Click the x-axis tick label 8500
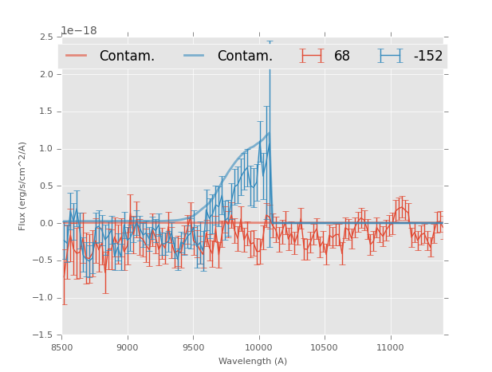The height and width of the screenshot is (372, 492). coord(62,347)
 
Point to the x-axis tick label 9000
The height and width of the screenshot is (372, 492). coord(128,347)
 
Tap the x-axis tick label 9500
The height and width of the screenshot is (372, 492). coord(193,347)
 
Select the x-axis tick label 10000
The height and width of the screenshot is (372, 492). coord(258,347)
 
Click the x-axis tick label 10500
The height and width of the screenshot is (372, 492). coord(325,347)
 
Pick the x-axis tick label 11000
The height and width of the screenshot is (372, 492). coord(390,347)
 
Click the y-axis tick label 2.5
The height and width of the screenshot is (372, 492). coord(46,37)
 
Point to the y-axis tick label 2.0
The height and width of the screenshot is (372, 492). coord(46,74)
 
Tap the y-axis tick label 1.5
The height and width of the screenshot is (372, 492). coord(46,112)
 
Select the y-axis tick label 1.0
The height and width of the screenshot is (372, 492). coord(46,149)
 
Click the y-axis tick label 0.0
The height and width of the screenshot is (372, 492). coord(46,224)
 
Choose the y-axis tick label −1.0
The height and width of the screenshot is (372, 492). coord(44,298)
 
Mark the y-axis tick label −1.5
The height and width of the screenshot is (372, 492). coord(44,335)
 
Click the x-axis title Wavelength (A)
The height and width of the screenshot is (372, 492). coord(253,361)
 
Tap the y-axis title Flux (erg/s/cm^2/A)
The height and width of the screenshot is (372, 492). coord(23,186)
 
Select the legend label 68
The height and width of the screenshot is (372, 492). coord(342,56)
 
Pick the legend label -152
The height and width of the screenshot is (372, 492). coord(427,56)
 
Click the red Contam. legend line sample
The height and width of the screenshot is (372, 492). coord(77,56)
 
